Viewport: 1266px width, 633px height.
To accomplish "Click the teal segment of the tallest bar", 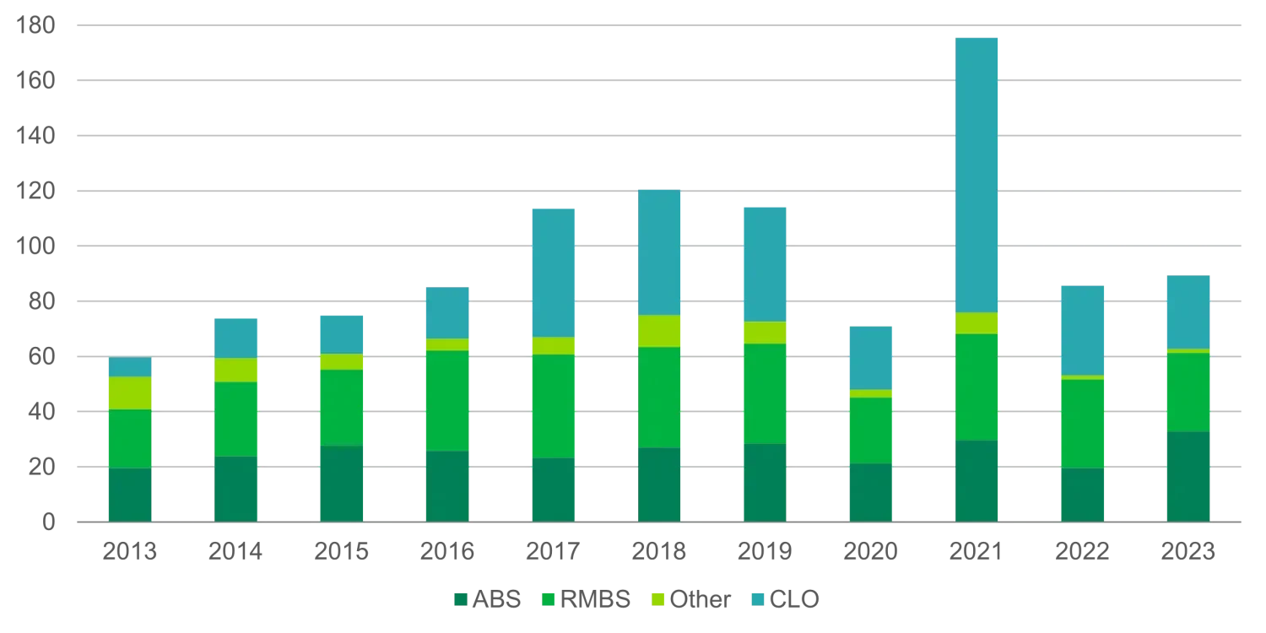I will [976, 174].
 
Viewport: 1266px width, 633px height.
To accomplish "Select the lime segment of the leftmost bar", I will [131, 393].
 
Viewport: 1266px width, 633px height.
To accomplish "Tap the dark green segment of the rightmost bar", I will [1190, 477].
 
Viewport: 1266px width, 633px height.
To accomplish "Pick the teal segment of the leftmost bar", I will [131, 367].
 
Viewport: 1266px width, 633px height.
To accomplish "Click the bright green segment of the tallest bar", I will [976, 387].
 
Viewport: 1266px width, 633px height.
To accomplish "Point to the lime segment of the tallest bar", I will [976, 323].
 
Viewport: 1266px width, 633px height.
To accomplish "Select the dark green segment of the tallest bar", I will [976, 480].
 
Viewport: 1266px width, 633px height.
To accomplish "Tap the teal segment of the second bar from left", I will [236, 338].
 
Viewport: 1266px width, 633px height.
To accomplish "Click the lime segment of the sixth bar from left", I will [659, 331].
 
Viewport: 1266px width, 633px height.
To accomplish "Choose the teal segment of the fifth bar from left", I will [553, 272].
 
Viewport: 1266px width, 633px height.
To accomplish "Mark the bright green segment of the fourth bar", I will [448, 400].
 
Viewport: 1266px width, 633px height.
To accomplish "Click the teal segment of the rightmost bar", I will [1190, 311].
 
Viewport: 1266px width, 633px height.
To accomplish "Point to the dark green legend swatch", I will [461, 599].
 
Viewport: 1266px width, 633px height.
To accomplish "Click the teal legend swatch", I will [758, 599].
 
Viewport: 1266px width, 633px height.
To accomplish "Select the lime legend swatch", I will [657, 599].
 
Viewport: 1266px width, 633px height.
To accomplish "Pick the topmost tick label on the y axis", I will [37, 27].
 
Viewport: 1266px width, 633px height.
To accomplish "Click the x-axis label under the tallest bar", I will [976, 551].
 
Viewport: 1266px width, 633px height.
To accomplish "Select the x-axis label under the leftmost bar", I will [131, 551].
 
